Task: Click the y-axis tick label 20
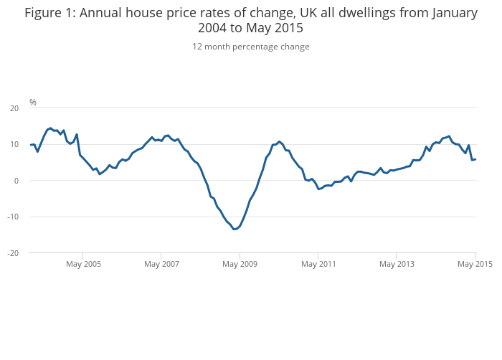click(x=14, y=108)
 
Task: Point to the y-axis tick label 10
click(x=14, y=144)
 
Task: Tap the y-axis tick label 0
click(x=16, y=181)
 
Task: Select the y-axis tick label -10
click(x=14, y=217)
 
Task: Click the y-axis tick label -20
click(x=14, y=253)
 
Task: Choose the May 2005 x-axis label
click(x=83, y=264)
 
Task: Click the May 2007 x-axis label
click(x=161, y=264)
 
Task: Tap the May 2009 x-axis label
click(x=240, y=264)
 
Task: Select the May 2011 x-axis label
click(x=318, y=264)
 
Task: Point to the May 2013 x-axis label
click(x=397, y=264)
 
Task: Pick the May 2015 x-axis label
click(x=475, y=264)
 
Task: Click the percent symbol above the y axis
click(x=33, y=103)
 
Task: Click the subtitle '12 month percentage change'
click(x=251, y=47)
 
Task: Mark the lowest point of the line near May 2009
click(x=235, y=229)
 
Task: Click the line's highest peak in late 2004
click(x=50, y=128)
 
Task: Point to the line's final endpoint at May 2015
click(x=475, y=159)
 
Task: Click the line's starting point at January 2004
click(x=31, y=145)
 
